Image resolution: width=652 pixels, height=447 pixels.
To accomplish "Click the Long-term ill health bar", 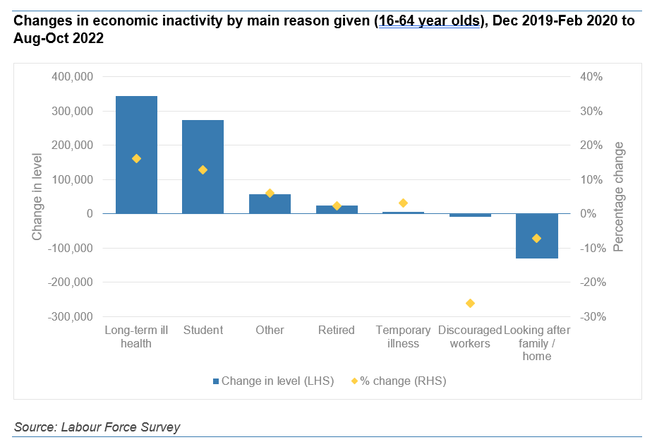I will click(136, 155).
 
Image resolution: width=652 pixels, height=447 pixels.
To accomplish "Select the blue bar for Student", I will click(203, 167).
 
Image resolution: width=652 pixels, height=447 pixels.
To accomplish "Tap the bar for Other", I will click(270, 203).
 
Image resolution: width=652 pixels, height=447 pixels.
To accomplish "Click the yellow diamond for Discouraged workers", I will click(470, 303).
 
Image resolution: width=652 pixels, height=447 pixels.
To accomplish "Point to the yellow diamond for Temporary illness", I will click(403, 203).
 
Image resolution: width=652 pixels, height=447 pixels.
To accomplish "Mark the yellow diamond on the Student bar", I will click(203, 169).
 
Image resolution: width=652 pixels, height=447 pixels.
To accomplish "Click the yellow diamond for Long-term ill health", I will click(136, 158).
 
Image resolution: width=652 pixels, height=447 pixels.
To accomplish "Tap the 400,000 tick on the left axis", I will click(73, 77).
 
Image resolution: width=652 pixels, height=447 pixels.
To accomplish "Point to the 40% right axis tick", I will click(591, 77).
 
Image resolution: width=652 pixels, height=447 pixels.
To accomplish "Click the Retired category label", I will click(336, 330).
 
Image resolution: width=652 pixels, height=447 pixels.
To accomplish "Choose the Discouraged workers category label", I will click(470, 337).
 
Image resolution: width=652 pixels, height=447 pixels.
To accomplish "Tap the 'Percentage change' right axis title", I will click(619, 196).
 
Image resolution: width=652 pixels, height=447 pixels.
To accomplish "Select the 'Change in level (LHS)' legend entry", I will click(273, 381).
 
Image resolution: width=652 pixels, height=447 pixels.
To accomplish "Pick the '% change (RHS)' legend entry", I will click(399, 381).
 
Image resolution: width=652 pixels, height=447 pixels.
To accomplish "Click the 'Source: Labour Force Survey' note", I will click(97, 427).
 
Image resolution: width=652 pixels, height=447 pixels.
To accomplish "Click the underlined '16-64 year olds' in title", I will click(430, 21).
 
